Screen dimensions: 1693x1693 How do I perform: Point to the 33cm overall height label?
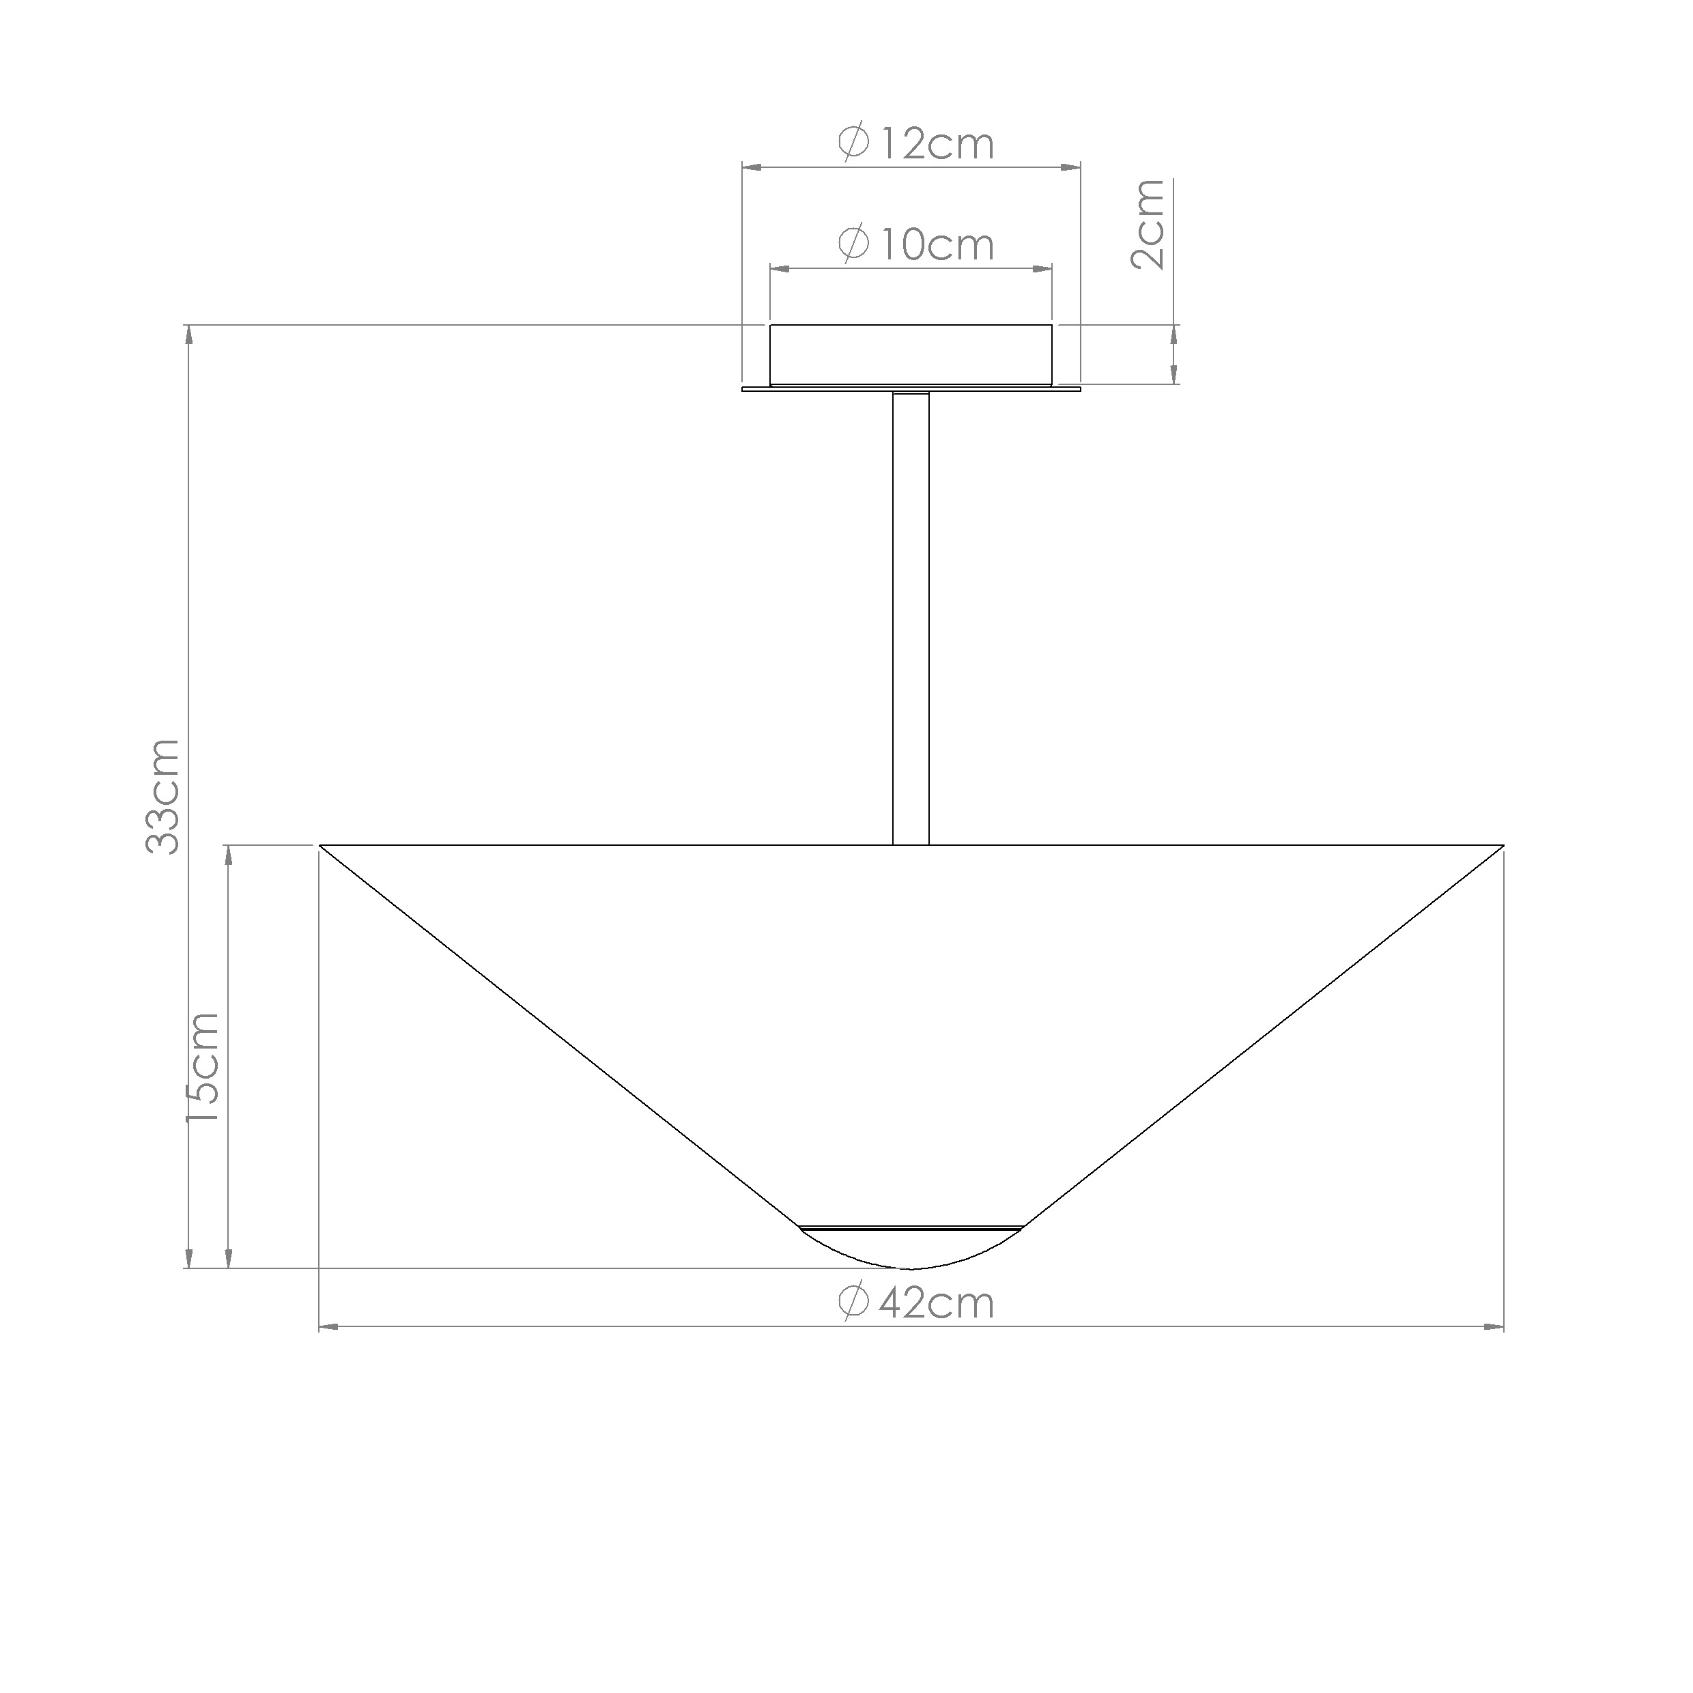162,796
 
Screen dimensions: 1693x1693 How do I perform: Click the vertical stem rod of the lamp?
911,618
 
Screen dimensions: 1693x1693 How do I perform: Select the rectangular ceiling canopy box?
911,355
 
